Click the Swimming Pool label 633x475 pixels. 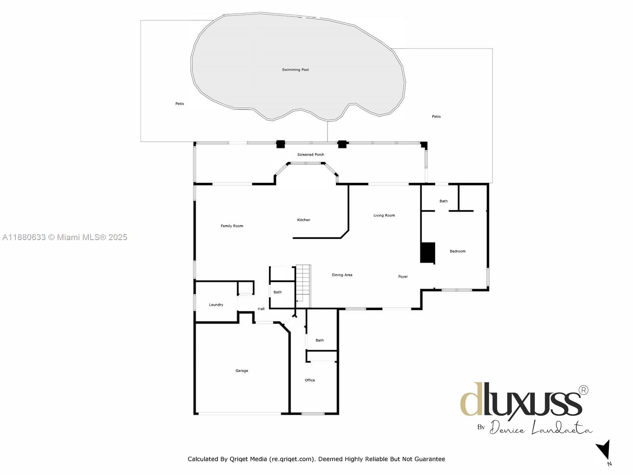tap(295, 70)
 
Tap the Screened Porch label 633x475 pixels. tap(311, 155)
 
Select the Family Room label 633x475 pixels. tap(232, 226)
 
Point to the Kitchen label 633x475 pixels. tap(304, 220)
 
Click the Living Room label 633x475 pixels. tap(384, 215)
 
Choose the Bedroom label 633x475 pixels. tap(458, 251)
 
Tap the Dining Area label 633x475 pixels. tap(342, 275)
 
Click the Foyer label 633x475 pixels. tap(403, 277)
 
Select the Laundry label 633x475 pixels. tap(216, 305)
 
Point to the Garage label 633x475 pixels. tap(241, 371)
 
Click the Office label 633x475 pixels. tap(310, 380)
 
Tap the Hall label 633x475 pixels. tap(261, 309)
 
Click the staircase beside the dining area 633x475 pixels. tap(303, 286)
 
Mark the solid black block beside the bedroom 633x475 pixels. tap(428, 253)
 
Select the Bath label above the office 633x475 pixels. tap(319, 341)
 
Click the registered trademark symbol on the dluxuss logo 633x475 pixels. tap(584, 391)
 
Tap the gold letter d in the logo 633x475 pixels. tap(471, 399)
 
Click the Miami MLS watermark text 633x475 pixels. tap(65, 237)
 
